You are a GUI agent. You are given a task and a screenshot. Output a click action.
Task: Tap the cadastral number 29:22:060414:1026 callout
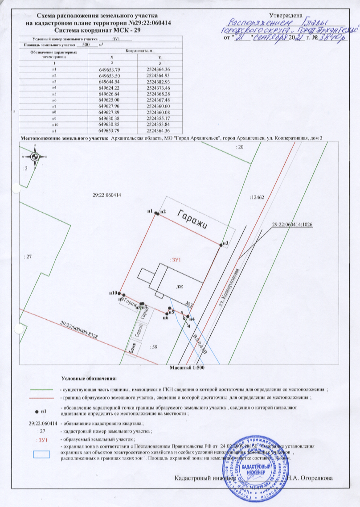tap(293, 225)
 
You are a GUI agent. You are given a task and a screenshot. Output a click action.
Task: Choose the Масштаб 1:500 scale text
tap(187, 368)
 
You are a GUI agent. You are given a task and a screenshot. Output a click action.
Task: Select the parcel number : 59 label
tap(155, 346)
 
